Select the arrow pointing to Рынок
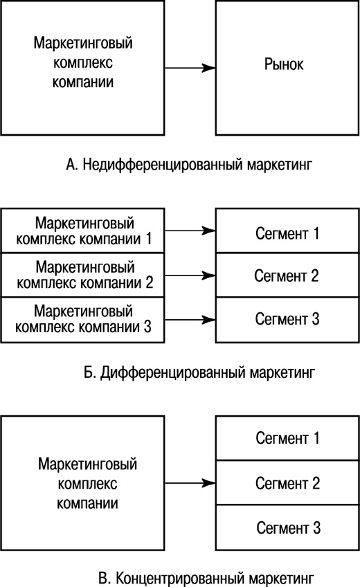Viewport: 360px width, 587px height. click(x=190, y=68)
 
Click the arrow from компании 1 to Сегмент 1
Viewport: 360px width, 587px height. click(x=190, y=231)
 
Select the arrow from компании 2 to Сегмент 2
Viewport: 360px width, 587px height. click(x=190, y=275)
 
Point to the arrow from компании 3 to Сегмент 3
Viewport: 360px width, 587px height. click(x=190, y=319)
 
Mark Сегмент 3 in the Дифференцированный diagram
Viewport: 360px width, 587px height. click(x=287, y=319)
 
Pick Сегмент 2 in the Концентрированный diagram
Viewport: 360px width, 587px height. click(x=287, y=482)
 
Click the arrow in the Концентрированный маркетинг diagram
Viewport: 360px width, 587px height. click(x=190, y=483)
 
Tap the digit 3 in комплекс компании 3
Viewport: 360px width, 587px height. click(x=147, y=326)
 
